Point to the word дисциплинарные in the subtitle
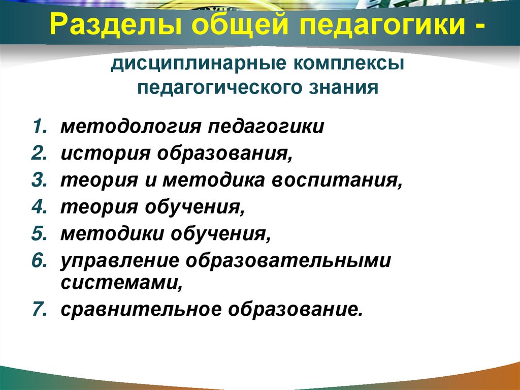[201, 65]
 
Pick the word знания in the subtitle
[346, 87]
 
